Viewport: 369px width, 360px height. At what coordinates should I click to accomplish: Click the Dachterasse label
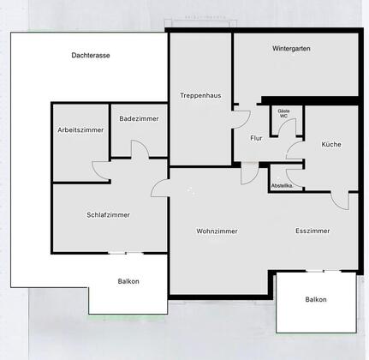pyautogui.click(x=91, y=56)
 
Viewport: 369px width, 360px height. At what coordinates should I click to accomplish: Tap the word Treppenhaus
pyautogui.click(x=200, y=95)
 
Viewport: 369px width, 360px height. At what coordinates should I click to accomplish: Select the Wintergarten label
pyautogui.click(x=291, y=49)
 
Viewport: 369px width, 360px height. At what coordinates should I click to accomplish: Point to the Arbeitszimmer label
pyautogui.click(x=80, y=130)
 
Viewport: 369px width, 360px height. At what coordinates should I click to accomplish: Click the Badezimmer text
pyautogui.click(x=139, y=118)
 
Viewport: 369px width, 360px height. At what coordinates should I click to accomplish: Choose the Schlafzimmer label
pyautogui.click(x=108, y=215)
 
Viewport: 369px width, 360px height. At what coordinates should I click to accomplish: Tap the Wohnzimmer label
pyautogui.click(x=217, y=231)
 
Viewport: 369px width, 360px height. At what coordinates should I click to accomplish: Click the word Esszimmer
pyautogui.click(x=312, y=231)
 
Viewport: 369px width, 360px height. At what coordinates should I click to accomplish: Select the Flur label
pyautogui.click(x=256, y=138)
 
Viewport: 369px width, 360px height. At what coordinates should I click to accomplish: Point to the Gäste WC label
pyautogui.click(x=283, y=113)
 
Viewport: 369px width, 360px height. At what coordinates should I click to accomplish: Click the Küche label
pyautogui.click(x=331, y=144)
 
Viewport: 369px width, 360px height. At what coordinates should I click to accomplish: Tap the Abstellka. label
pyautogui.click(x=282, y=186)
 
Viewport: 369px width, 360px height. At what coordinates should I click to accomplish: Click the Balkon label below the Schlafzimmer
pyautogui.click(x=128, y=281)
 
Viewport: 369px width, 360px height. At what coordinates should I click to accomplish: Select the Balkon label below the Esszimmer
pyautogui.click(x=316, y=299)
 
